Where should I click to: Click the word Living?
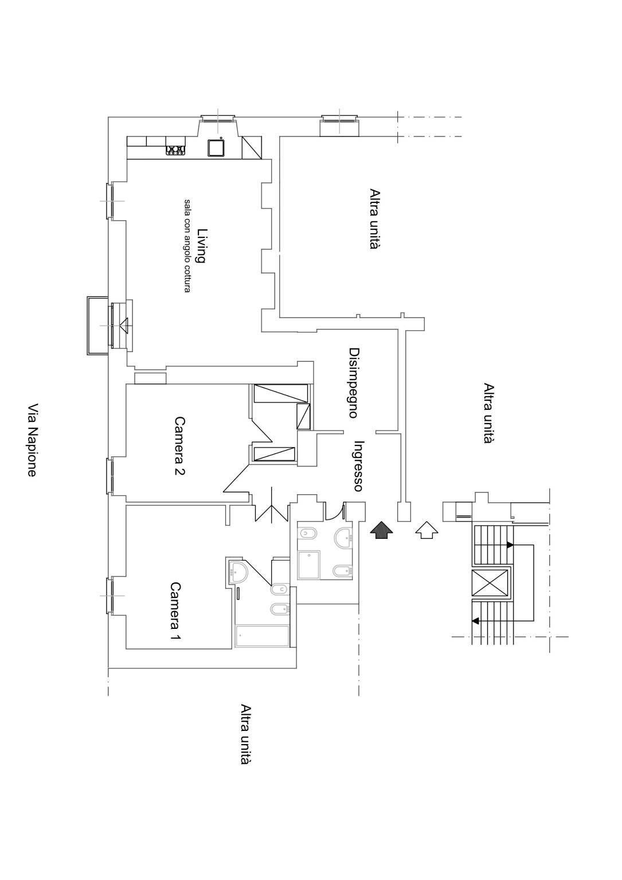[x=201, y=245]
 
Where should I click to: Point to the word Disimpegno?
[x=354, y=382]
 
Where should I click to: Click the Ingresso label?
[x=359, y=466]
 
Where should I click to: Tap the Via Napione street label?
[x=33, y=440]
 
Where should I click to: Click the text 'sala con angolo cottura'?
[x=187, y=245]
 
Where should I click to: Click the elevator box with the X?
[x=490, y=584]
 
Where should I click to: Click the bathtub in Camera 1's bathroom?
[x=263, y=636]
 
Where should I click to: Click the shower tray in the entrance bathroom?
[x=310, y=565]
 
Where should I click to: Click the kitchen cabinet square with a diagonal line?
[x=251, y=147]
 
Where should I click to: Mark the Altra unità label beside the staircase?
[x=488, y=413]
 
